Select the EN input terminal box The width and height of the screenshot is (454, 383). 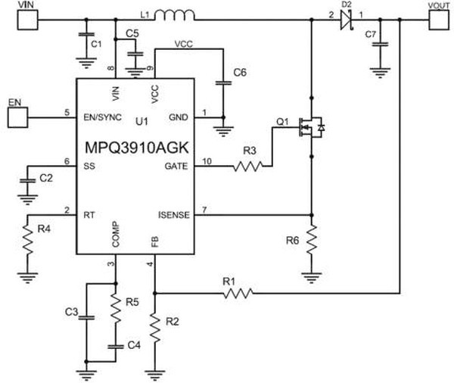click(17, 117)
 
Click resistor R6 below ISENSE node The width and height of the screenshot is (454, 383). click(311, 240)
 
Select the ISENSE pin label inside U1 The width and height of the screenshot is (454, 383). click(173, 216)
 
